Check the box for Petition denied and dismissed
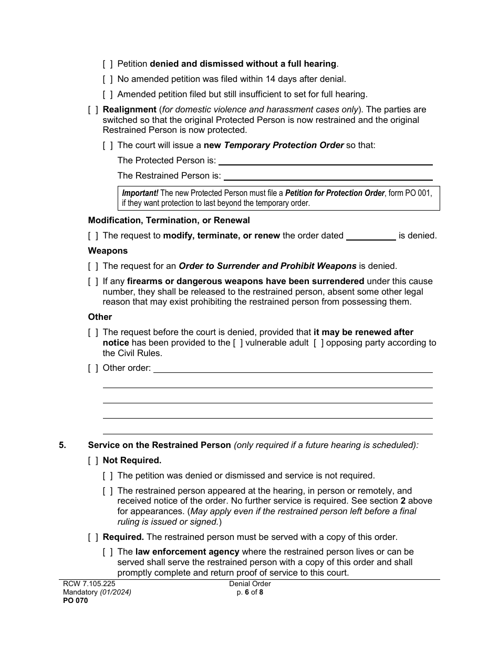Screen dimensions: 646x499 point(108,64)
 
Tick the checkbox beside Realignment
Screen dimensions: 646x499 point(93,110)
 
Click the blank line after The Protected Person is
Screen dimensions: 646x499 point(325,161)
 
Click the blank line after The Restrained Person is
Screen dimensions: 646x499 point(328,176)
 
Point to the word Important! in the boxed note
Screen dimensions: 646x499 point(140,193)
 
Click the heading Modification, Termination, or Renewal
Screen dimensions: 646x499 point(169,221)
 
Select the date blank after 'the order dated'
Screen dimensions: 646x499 point(371,236)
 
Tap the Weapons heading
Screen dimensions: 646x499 point(108,251)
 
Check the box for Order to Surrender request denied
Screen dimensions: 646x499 point(93,266)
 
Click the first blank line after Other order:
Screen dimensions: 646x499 point(293,369)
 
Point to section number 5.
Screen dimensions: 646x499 point(63,445)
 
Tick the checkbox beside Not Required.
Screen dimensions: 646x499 point(93,461)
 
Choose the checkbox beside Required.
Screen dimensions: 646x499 point(93,537)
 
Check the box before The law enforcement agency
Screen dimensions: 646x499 point(108,552)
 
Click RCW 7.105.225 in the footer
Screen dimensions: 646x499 point(85,584)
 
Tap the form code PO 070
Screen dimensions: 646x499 point(74,601)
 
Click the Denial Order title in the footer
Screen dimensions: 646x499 point(250,584)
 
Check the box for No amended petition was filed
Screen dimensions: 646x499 point(108,79)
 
